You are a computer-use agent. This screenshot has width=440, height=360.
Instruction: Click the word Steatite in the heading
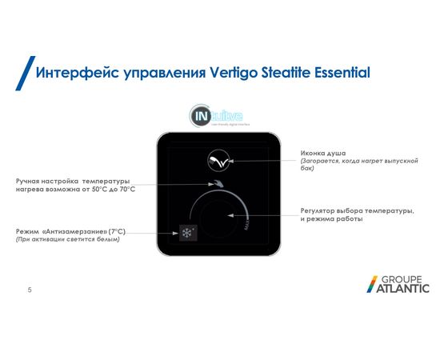point(281,73)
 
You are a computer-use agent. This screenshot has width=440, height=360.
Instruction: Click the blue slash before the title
point(23,73)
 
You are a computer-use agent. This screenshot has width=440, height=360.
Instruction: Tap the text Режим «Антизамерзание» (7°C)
point(70,231)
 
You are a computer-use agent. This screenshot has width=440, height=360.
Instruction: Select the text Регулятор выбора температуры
point(357,210)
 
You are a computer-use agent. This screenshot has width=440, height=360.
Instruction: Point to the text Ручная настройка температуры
point(72,182)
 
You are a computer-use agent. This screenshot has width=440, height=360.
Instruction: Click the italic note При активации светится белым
point(67,240)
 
